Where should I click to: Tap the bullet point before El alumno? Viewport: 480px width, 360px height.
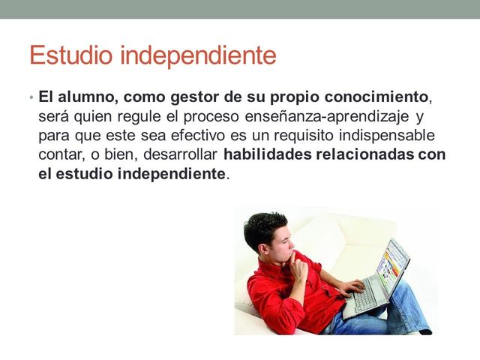(x=31, y=99)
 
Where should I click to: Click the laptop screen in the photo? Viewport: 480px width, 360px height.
(x=394, y=266)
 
